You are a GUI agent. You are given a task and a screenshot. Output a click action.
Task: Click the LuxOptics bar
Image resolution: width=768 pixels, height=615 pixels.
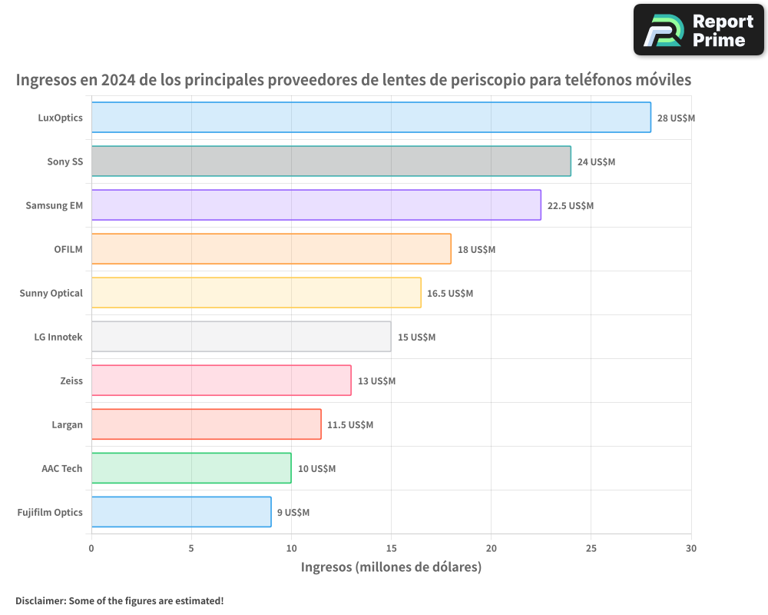coord(371,118)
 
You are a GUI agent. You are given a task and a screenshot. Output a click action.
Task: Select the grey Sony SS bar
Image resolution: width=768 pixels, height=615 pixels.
coord(331,161)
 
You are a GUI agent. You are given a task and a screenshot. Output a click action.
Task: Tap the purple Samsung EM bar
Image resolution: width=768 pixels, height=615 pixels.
coord(316,205)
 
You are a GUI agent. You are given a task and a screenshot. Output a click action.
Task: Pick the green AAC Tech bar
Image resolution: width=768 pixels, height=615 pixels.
coord(191,468)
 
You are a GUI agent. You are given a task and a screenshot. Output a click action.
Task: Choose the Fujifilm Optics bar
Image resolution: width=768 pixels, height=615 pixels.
coord(181,512)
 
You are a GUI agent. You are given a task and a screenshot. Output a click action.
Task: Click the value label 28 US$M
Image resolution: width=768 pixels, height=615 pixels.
coord(676,118)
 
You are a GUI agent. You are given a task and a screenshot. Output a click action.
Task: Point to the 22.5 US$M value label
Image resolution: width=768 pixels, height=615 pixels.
coord(570,206)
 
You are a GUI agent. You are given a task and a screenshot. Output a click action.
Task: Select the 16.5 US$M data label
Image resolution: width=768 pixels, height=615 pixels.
coord(450,294)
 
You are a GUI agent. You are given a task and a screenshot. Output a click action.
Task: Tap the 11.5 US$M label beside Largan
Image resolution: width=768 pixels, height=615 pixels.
coord(350,425)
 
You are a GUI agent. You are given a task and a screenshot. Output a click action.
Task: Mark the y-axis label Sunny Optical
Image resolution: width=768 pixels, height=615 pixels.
coord(51,293)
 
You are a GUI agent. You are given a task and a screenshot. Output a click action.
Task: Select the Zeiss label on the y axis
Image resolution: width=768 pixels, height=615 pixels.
coord(71,381)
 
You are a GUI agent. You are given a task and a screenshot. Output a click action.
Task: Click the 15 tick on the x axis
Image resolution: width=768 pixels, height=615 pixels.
coord(391,548)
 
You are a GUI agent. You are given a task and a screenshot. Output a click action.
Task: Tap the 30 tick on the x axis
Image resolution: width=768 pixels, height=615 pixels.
coord(691,548)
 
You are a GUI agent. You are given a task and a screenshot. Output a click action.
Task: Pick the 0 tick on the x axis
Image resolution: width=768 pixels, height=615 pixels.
coord(91,548)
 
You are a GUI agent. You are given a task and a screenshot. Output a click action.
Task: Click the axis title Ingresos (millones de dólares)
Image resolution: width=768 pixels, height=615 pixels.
coord(391,567)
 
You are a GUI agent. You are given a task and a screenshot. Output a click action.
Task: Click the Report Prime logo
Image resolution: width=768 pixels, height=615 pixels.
coord(699,30)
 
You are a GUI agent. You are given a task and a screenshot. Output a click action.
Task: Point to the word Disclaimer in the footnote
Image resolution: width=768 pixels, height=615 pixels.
coord(40,600)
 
